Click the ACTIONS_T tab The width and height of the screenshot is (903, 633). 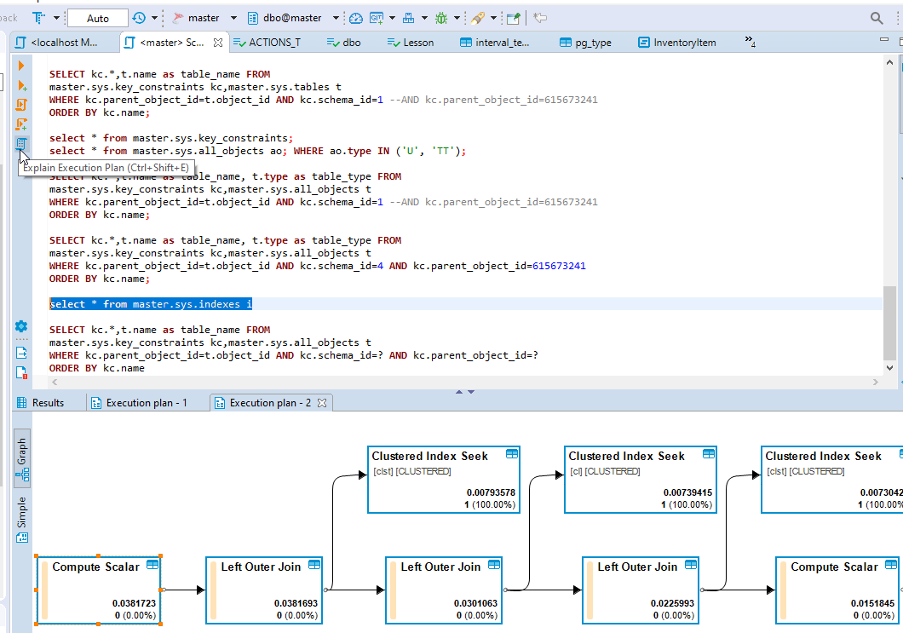(273, 43)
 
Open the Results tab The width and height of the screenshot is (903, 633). (48, 403)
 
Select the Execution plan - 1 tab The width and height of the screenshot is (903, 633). (146, 403)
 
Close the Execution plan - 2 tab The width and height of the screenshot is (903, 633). (322, 403)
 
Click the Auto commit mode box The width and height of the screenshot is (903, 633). (97, 18)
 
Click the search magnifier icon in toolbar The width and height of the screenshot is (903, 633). (877, 18)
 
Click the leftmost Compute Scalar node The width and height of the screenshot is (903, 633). (99, 589)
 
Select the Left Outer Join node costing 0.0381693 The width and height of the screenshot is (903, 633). (264, 589)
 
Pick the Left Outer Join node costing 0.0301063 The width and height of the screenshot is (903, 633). (444, 589)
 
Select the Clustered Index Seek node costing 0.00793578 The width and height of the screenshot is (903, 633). (443, 480)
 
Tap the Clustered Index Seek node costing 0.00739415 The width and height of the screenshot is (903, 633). (640, 480)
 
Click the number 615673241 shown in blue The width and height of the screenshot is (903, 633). (559, 266)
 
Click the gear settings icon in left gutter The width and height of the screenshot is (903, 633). (21, 326)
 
